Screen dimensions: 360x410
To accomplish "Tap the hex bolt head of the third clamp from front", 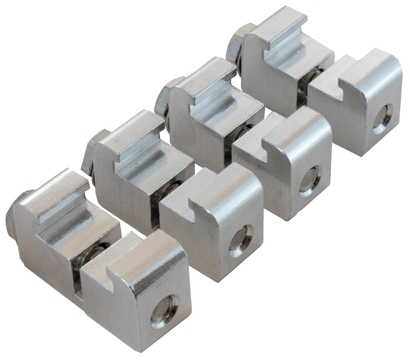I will (166, 95).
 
